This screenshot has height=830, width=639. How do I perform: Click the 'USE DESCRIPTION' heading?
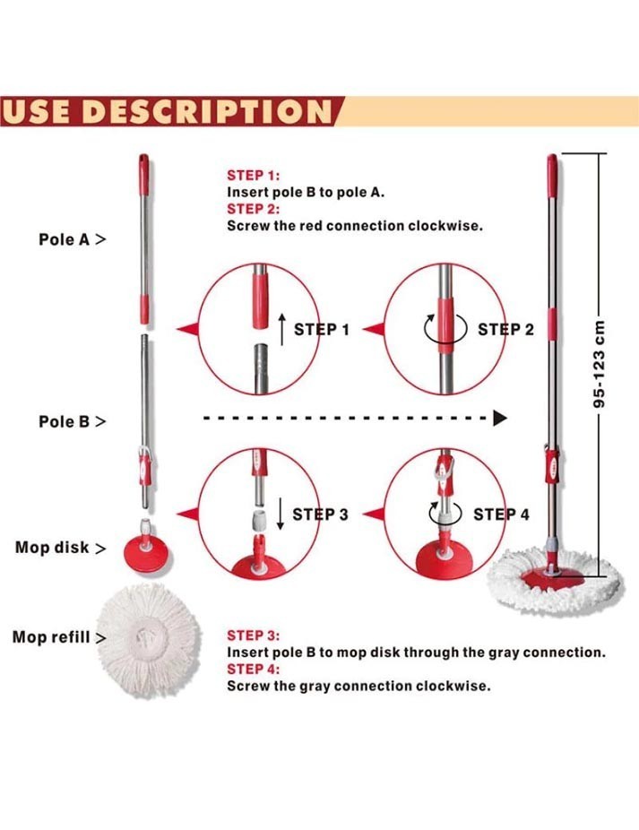(x=168, y=111)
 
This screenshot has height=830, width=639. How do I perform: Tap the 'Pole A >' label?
(x=73, y=240)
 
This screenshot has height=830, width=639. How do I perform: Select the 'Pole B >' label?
(x=73, y=422)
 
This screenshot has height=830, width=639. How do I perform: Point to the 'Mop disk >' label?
(x=61, y=548)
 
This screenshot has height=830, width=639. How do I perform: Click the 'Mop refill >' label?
(x=59, y=636)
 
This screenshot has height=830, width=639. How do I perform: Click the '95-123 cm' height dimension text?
(x=599, y=364)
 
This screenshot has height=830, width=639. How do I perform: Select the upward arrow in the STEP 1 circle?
(x=282, y=329)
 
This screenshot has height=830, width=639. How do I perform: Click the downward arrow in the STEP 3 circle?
(x=280, y=514)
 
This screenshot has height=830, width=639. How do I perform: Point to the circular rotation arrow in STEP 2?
(x=445, y=328)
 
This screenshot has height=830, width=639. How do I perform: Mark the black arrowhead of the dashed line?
(x=500, y=419)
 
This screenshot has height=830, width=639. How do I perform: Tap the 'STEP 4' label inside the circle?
(x=501, y=514)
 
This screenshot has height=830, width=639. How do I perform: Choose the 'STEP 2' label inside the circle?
(x=505, y=330)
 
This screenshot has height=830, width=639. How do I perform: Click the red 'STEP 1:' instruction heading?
(x=253, y=176)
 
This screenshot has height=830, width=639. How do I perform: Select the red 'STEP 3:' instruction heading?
(x=253, y=635)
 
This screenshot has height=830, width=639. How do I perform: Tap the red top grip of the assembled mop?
(x=552, y=176)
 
